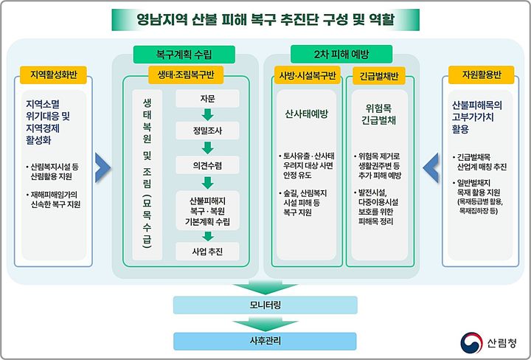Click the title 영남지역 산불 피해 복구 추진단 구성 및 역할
(265, 19)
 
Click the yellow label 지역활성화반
(54, 76)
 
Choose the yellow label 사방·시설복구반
(305, 76)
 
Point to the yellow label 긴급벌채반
(380, 76)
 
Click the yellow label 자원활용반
(480, 76)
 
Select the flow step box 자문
(207, 98)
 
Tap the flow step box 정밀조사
(207, 131)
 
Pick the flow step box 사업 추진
(207, 252)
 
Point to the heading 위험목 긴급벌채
(380, 115)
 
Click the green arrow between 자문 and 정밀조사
(207, 114)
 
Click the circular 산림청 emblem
(470, 341)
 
